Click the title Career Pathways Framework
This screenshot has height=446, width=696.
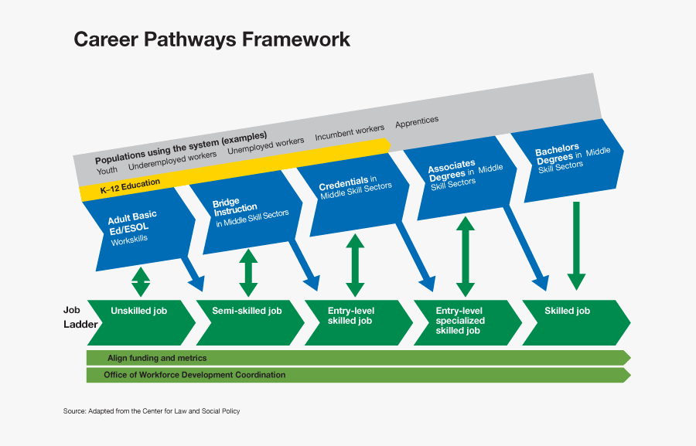tap(211, 39)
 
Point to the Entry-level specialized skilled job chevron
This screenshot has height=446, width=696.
tap(464, 321)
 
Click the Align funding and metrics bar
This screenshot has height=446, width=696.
tap(356, 358)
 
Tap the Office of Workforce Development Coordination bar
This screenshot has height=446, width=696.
tap(356, 375)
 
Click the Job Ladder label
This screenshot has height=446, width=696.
tap(75, 317)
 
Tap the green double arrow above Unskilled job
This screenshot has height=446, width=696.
tap(140, 281)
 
